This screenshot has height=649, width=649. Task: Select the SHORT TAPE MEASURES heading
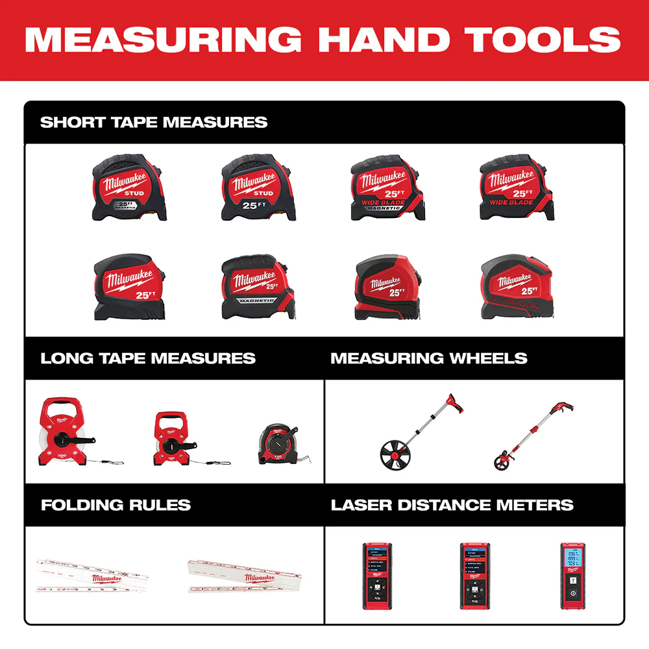point(154,122)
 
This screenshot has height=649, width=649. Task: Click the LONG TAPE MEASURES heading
point(148,358)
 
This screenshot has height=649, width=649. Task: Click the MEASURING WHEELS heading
point(428,358)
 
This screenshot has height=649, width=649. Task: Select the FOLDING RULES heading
point(116,505)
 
